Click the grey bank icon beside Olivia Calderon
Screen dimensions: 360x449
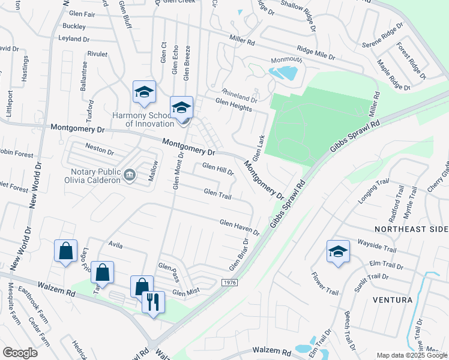click(129, 175)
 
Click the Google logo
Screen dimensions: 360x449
click(20, 352)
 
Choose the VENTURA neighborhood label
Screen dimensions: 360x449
click(393, 299)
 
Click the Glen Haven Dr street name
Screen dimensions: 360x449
click(239, 227)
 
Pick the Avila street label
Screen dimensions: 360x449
click(115, 244)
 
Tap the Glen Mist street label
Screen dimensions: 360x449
click(185, 292)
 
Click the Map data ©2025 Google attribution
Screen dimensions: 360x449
click(411, 355)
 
